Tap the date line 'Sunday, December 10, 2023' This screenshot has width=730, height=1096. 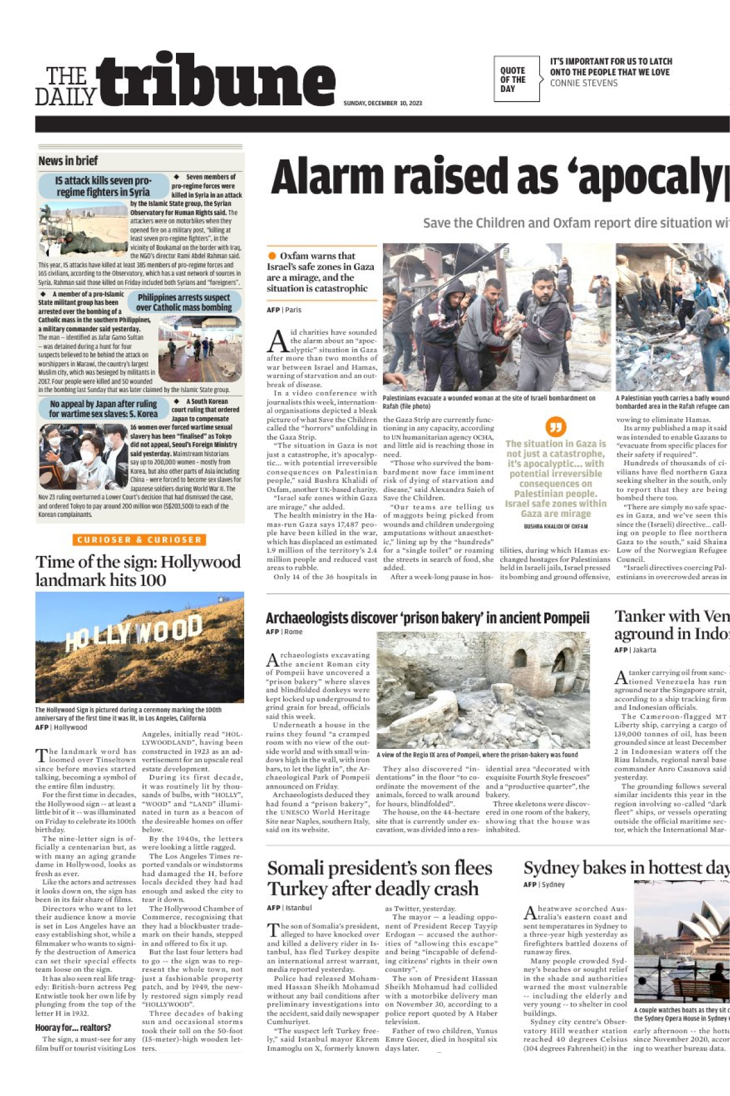(382, 104)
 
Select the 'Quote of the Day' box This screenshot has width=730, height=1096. (516, 79)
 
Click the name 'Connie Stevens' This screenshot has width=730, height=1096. (583, 83)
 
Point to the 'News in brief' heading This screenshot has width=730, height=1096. (68, 161)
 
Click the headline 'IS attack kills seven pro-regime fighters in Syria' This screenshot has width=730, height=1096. (103, 186)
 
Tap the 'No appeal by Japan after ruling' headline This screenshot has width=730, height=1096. (104, 409)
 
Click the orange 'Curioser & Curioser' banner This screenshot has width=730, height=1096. (139, 539)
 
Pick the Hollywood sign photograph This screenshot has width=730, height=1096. (139, 647)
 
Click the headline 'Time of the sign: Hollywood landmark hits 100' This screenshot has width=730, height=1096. (138, 571)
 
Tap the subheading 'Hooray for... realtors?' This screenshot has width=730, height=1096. (73, 1028)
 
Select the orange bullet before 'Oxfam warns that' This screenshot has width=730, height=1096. (272, 256)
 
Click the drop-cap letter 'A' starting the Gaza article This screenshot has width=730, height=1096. (278, 342)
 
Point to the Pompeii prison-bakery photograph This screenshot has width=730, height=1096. (483, 689)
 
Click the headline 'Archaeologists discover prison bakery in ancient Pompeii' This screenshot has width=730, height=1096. (427, 618)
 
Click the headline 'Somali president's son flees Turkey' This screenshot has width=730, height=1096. (379, 878)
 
